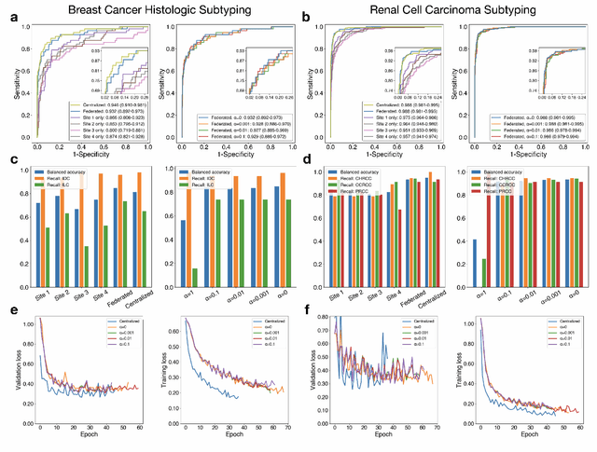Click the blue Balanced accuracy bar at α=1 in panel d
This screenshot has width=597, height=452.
pyautogui.click(x=477, y=264)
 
